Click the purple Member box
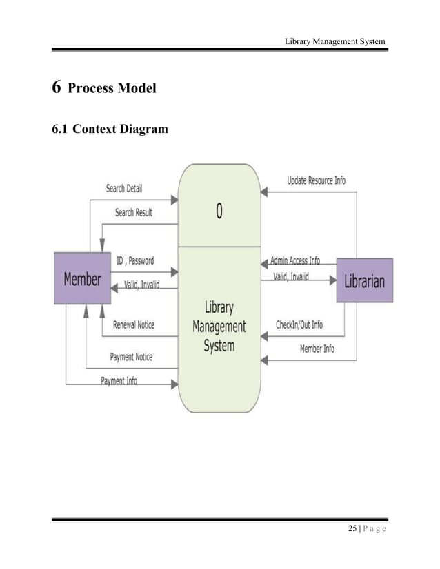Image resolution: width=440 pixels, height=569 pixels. (82, 279)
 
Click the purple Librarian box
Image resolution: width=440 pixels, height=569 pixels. (364, 280)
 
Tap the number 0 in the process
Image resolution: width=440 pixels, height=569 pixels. (219, 211)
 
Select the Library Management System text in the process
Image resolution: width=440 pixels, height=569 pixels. (219, 327)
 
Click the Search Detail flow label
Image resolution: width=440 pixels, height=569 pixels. (124, 188)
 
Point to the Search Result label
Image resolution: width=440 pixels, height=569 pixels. (134, 212)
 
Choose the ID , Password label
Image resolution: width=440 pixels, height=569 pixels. (135, 261)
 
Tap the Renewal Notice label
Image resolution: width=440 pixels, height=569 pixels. (134, 324)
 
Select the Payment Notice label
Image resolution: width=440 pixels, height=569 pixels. (131, 357)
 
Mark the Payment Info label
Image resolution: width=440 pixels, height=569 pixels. (119, 381)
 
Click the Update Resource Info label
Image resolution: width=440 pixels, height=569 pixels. (317, 181)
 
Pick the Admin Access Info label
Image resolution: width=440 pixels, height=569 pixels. (294, 260)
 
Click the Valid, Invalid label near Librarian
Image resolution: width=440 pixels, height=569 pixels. (292, 276)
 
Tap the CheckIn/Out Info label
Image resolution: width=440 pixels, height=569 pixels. (299, 324)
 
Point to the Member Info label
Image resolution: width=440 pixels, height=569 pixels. (317, 349)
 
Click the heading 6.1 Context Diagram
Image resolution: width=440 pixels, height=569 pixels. (110, 127)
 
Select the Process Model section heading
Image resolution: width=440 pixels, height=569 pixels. (113, 89)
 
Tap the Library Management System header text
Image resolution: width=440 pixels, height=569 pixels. (335, 41)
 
